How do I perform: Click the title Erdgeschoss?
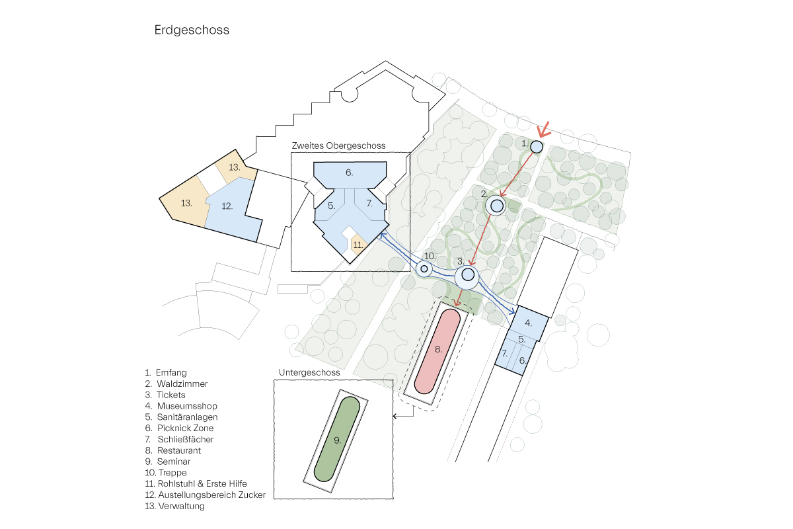(x=192, y=30)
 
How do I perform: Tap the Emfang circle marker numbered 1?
(x=537, y=146)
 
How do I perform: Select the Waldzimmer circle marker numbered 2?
(x=497, y=206)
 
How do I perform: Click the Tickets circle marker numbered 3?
(x=468, y=274)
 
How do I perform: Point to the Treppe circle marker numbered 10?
(x=424, y=268)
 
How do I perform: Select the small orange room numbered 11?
(x=358, y=244)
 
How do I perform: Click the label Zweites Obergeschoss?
(x=338, y=145)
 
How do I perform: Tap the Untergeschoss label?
(x=309, y=373)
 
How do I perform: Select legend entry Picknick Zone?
(x=185, y=428)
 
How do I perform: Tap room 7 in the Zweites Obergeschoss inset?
(x=369, y=204)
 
